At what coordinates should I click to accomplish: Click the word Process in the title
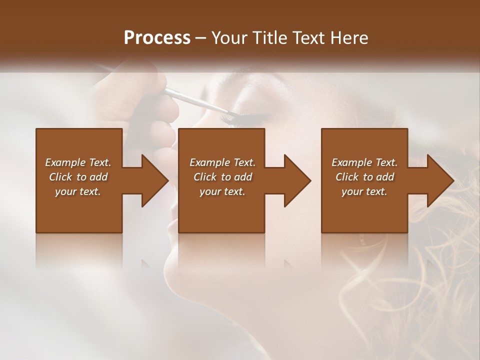(157, 38)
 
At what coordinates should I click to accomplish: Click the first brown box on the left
(79, 210)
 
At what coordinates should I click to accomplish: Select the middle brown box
(221, 210)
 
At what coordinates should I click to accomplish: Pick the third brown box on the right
(364, 210)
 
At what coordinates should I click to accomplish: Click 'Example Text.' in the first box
(78, 162)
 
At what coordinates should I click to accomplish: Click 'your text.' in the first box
(78, 191)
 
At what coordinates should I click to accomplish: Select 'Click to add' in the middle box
(222, 177)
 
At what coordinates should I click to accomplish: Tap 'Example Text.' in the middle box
(222, 162)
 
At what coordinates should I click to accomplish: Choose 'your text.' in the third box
(364, 191)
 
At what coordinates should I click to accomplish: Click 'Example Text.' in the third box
(364, 162)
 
